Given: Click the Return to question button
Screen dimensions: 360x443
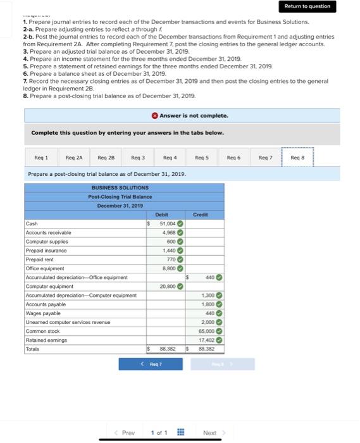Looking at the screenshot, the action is [x=307, y=6].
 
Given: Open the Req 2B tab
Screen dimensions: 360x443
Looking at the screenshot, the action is [x=106, y=157].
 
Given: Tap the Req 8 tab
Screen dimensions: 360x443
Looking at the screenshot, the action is [x=297, y=157].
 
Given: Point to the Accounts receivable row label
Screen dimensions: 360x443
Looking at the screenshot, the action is [x=48, y=232].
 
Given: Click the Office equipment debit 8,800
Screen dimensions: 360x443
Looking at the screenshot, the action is [x=168, y=268].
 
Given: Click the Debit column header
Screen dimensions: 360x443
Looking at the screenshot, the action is [x=162, y=215].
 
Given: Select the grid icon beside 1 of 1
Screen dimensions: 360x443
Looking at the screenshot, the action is [x=180, y=433].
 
